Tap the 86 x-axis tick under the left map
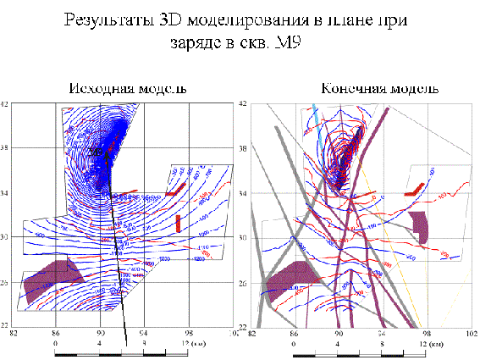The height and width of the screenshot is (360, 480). [57, 334]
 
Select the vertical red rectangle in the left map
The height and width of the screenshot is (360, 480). [178, 223]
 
